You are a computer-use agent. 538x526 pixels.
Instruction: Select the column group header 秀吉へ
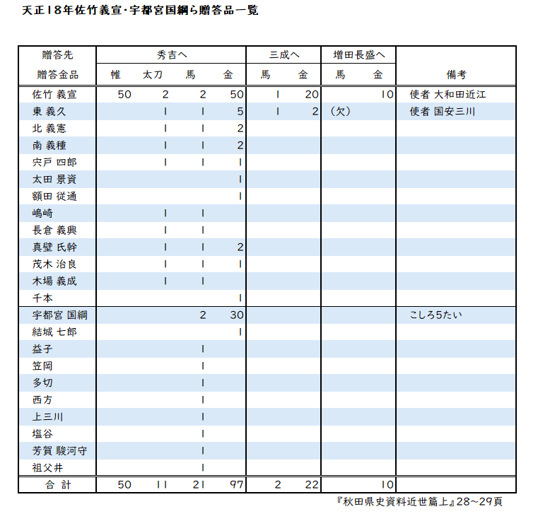click(x=171, y=54)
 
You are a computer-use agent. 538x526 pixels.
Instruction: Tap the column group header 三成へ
click(x=284, y=54)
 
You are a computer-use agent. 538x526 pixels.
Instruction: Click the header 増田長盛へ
click(x=358, y=54)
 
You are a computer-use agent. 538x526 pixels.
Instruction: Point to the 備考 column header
click(x=456, y=74)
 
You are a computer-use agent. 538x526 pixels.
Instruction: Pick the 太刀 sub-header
click(x=153, y=74)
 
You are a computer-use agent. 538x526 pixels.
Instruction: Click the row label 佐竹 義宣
click(x=54, y=94)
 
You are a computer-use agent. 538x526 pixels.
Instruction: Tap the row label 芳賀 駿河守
click(x=59, y=450)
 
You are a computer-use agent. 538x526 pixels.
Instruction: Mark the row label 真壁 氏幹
click(x=54, y=247)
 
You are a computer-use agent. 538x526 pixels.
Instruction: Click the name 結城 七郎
click(x=54, y=332)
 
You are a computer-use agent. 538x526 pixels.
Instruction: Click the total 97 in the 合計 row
click(x=237, y=484)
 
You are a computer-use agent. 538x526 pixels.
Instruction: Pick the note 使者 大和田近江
click(x=448, y=94)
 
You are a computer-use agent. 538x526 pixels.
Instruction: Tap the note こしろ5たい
click(x=435, y=315)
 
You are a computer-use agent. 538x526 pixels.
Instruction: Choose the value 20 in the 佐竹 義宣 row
click(x=312, y=94)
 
